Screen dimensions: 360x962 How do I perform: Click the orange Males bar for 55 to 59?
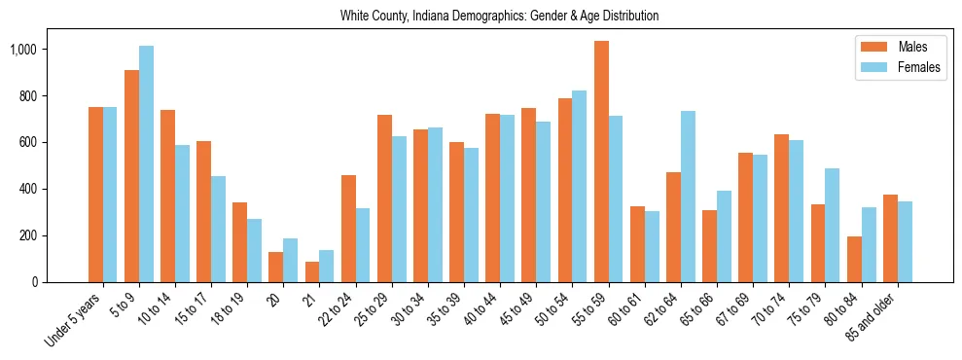(601, 162)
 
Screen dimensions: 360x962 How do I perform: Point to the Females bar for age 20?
(290, 260)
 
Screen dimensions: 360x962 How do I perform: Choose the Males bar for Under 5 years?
(95, 195)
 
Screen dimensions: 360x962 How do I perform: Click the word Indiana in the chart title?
(435, 16)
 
